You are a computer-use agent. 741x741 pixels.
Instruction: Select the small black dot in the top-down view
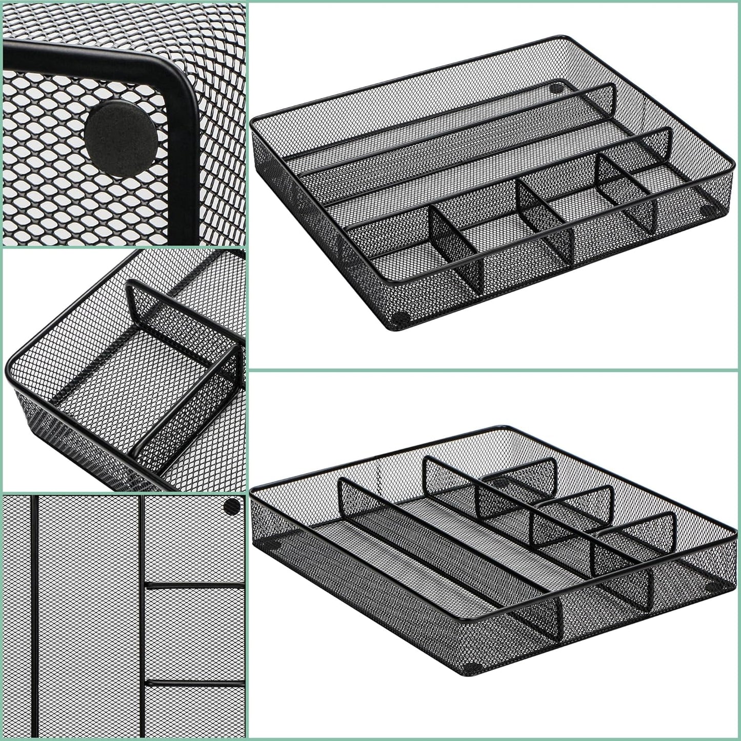click(x=232, y=507)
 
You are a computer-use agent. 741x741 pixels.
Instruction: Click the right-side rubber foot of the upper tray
click(x=710, y=210)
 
